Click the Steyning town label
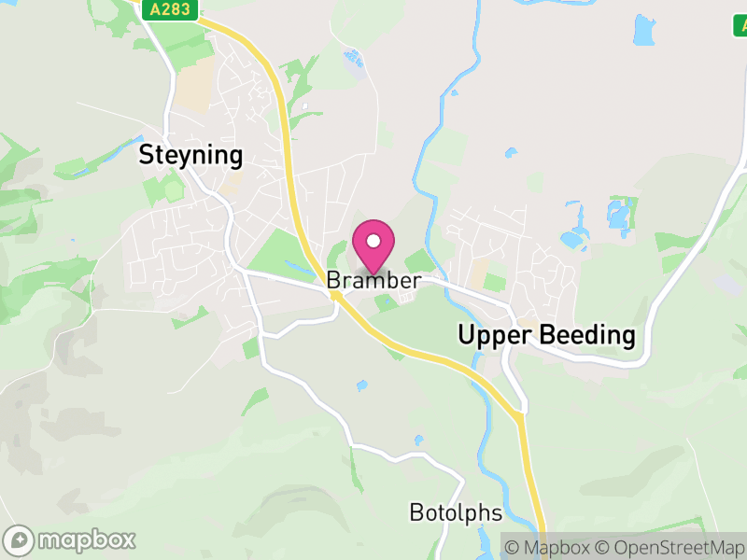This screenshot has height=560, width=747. pos(190,155)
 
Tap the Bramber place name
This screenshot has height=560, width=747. pos(373,280)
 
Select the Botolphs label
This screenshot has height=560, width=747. pos(456,512)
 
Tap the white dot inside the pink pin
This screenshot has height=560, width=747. pos(373,241)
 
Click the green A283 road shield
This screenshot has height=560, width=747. pos(169,8)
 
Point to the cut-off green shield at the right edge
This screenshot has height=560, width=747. pos(740,26)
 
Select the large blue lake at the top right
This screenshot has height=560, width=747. pos(643,31)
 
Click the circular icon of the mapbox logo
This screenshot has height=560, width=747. pos(21,539)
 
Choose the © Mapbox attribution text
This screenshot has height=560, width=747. pos(546,547)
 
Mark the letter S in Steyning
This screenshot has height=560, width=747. pos(147,155)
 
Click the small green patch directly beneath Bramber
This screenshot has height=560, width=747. pos(383,301)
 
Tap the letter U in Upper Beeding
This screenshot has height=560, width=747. pos(466,336)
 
